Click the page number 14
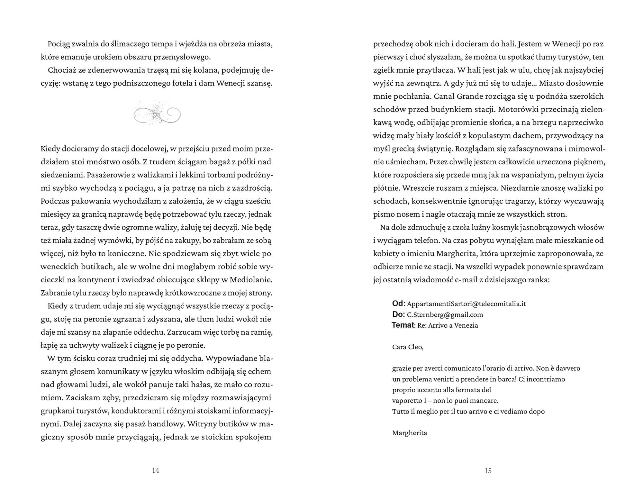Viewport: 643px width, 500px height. point(156,471)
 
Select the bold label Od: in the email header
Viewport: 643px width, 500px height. point(399,304)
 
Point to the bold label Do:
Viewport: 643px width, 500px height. point(399,314)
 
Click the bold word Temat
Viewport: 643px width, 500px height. point(403,325)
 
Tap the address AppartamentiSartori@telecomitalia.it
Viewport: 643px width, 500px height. point(466,304)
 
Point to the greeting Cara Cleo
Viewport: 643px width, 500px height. point(408,347)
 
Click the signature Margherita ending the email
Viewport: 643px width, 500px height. point(410,433)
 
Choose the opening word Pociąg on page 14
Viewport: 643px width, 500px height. point(60,44)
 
